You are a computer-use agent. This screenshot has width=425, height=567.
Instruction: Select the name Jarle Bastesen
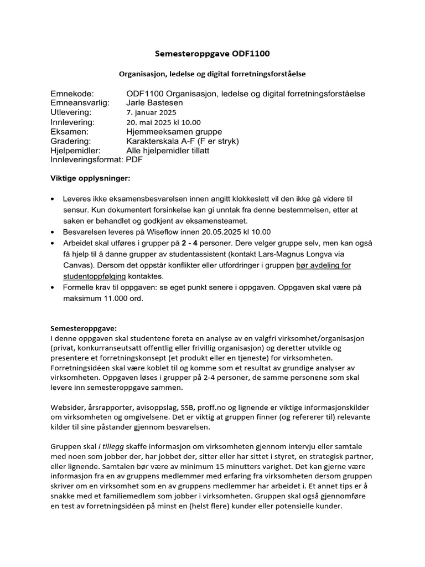pyautogui.click(x=153, y=103)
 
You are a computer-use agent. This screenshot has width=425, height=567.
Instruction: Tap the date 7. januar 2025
pyautogui.click(x=151, y=112)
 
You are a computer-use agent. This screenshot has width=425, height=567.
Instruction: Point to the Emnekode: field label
pyautogui.click(x=72, y=94)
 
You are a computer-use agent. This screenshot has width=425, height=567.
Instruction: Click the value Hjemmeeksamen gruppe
pyautogui.click(x=174, y=131)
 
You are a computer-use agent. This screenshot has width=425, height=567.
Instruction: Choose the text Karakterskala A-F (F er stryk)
pyautogui.click(x=183, y=141)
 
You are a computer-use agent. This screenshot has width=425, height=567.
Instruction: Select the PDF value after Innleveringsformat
pyautogui.click(x=134, y=159)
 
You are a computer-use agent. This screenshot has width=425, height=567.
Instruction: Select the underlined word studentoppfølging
pyautogui.click(x=95, y=276)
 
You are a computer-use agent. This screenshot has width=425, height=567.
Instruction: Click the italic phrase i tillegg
pyautogui.click(x=111, y=446)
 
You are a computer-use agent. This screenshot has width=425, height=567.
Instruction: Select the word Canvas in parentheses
pyautogui.click(x=64, y=265)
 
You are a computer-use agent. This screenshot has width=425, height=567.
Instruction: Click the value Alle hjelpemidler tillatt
pyautogui.click(x=168, y=150)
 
